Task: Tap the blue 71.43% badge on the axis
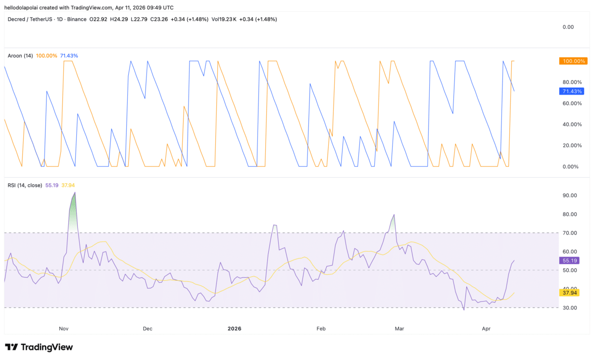pos(570,91)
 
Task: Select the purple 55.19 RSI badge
pos(569,260)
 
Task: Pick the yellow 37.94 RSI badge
pos(569,292)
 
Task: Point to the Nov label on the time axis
pos(63,328)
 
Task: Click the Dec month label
pos(147,328)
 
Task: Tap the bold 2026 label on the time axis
pos(234,328)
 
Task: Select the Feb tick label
pos(321,328)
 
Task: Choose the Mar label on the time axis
pos(399,328)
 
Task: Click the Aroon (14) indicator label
pos(20,56)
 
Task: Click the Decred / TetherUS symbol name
pos(33,19)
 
